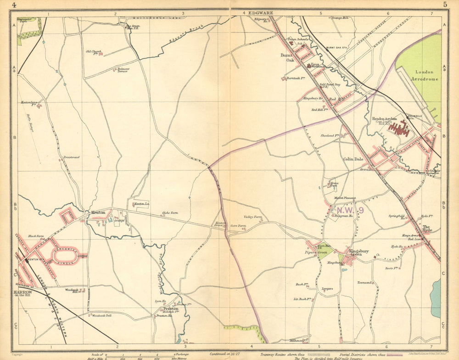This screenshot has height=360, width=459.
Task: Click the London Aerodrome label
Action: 427,75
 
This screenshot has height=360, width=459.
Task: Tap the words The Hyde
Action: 427,228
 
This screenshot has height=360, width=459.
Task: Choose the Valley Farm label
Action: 252,217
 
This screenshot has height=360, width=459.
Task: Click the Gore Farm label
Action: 238,226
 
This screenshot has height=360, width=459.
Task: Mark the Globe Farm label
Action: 169,213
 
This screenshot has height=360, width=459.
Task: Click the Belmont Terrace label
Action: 123,69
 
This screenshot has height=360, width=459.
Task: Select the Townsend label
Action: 364,283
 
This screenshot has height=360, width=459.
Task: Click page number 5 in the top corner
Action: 445,5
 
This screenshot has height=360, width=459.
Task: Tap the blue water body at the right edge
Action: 436,298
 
